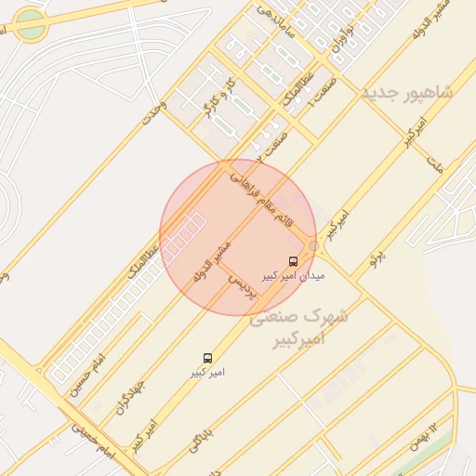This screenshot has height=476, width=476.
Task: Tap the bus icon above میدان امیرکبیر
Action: coord(294,261)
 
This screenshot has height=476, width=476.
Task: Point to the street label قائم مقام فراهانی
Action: coord(271,197)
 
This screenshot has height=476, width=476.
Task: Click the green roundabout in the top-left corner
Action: coord(32,26)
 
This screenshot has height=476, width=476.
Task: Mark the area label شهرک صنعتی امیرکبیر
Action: coord(299,328)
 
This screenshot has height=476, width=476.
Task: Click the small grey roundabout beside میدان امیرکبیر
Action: coord(315,245)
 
